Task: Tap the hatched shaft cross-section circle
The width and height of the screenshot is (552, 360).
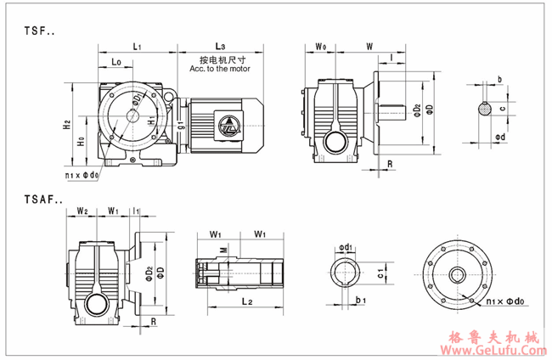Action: [x=485, y=108]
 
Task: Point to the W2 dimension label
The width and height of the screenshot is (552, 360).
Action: [x=82, y=210]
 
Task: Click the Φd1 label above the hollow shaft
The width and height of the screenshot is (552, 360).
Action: [x=346, y=248]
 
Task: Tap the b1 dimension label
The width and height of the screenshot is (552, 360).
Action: [x=360, y=300]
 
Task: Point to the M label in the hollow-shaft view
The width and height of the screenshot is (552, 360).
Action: [x=222, y=249]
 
